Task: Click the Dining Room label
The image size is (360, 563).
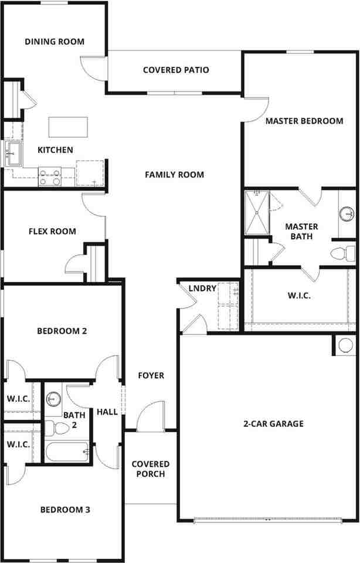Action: [55, 42]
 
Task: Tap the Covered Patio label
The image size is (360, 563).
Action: [176, 70]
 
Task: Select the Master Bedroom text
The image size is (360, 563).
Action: [304, 121]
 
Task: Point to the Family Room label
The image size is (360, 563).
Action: [174, 175]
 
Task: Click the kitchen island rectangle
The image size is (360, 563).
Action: [68, 126]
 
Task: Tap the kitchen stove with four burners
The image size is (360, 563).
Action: [50, 177]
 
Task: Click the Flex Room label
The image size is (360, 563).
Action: [52, 232]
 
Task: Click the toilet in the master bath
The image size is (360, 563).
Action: [342, 253]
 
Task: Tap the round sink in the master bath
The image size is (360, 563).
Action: [347, 212]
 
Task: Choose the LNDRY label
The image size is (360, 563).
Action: [202, 289]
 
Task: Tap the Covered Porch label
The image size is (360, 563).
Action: [150, 469]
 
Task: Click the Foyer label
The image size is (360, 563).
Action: [151, 375]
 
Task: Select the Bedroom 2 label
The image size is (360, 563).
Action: [62, 331]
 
